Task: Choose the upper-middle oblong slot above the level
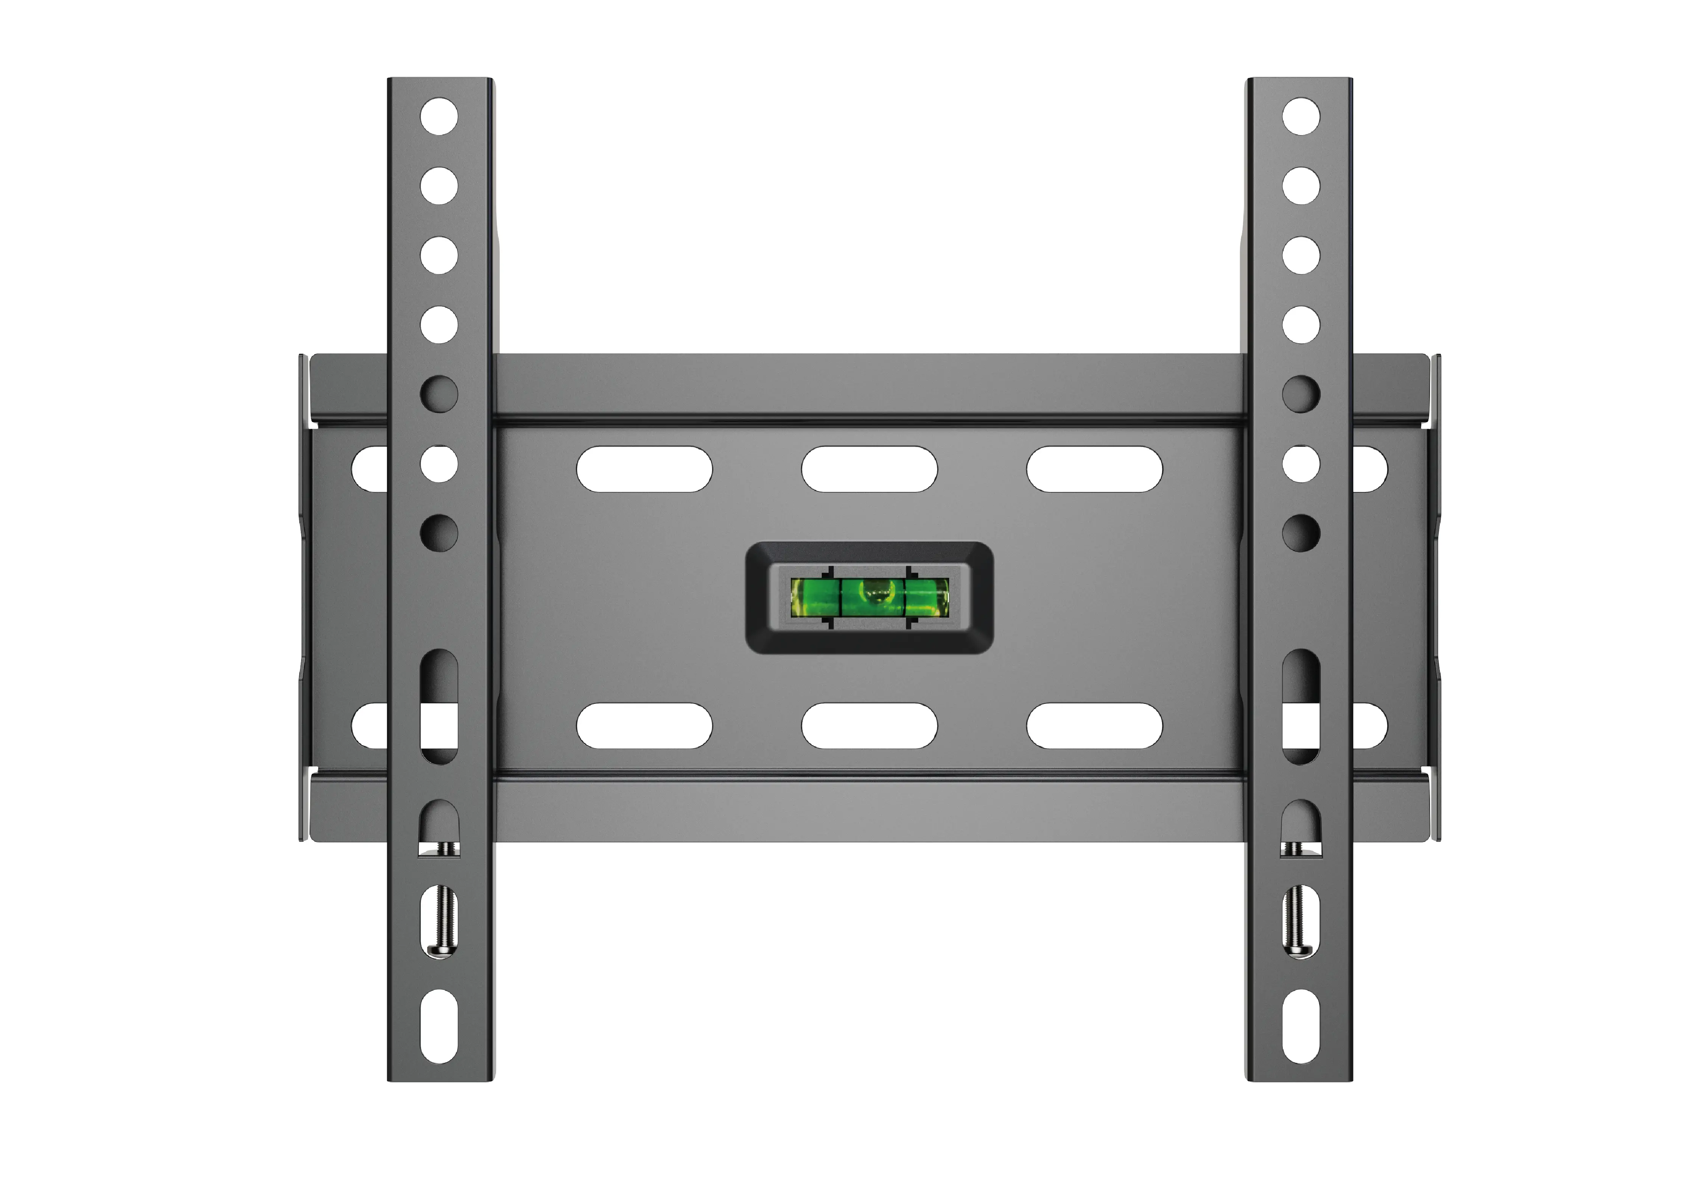pos(870,469)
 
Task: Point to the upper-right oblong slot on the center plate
pos(1094,469)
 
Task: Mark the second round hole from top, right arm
pos(1301,186)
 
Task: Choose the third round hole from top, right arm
pos(1301,255)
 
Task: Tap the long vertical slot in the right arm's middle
pos(1301,707)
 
